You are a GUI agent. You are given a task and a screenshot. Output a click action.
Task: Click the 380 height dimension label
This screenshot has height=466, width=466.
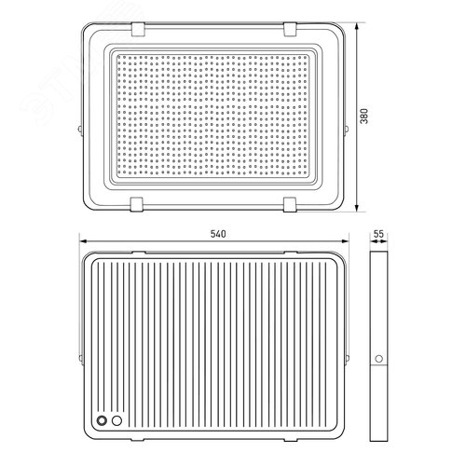point(364,116)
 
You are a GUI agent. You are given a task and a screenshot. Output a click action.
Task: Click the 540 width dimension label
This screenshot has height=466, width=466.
point(218,234)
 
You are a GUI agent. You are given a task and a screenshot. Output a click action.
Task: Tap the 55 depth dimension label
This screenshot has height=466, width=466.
point(378,234)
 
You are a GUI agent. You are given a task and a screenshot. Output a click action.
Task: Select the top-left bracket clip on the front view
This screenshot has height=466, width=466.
point(138,29)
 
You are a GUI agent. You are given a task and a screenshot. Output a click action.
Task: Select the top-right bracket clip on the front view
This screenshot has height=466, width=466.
point(290,29)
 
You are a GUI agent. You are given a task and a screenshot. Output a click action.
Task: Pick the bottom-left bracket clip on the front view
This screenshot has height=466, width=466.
point(137,204)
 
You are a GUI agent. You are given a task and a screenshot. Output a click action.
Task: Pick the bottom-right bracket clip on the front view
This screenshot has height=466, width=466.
point(290,204)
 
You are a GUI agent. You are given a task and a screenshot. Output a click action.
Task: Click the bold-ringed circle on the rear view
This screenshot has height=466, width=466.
point(102,420)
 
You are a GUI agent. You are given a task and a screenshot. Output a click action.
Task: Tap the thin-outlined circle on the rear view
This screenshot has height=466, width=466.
point(116,420)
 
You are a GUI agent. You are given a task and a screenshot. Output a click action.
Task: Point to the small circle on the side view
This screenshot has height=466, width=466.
point(378,359)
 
